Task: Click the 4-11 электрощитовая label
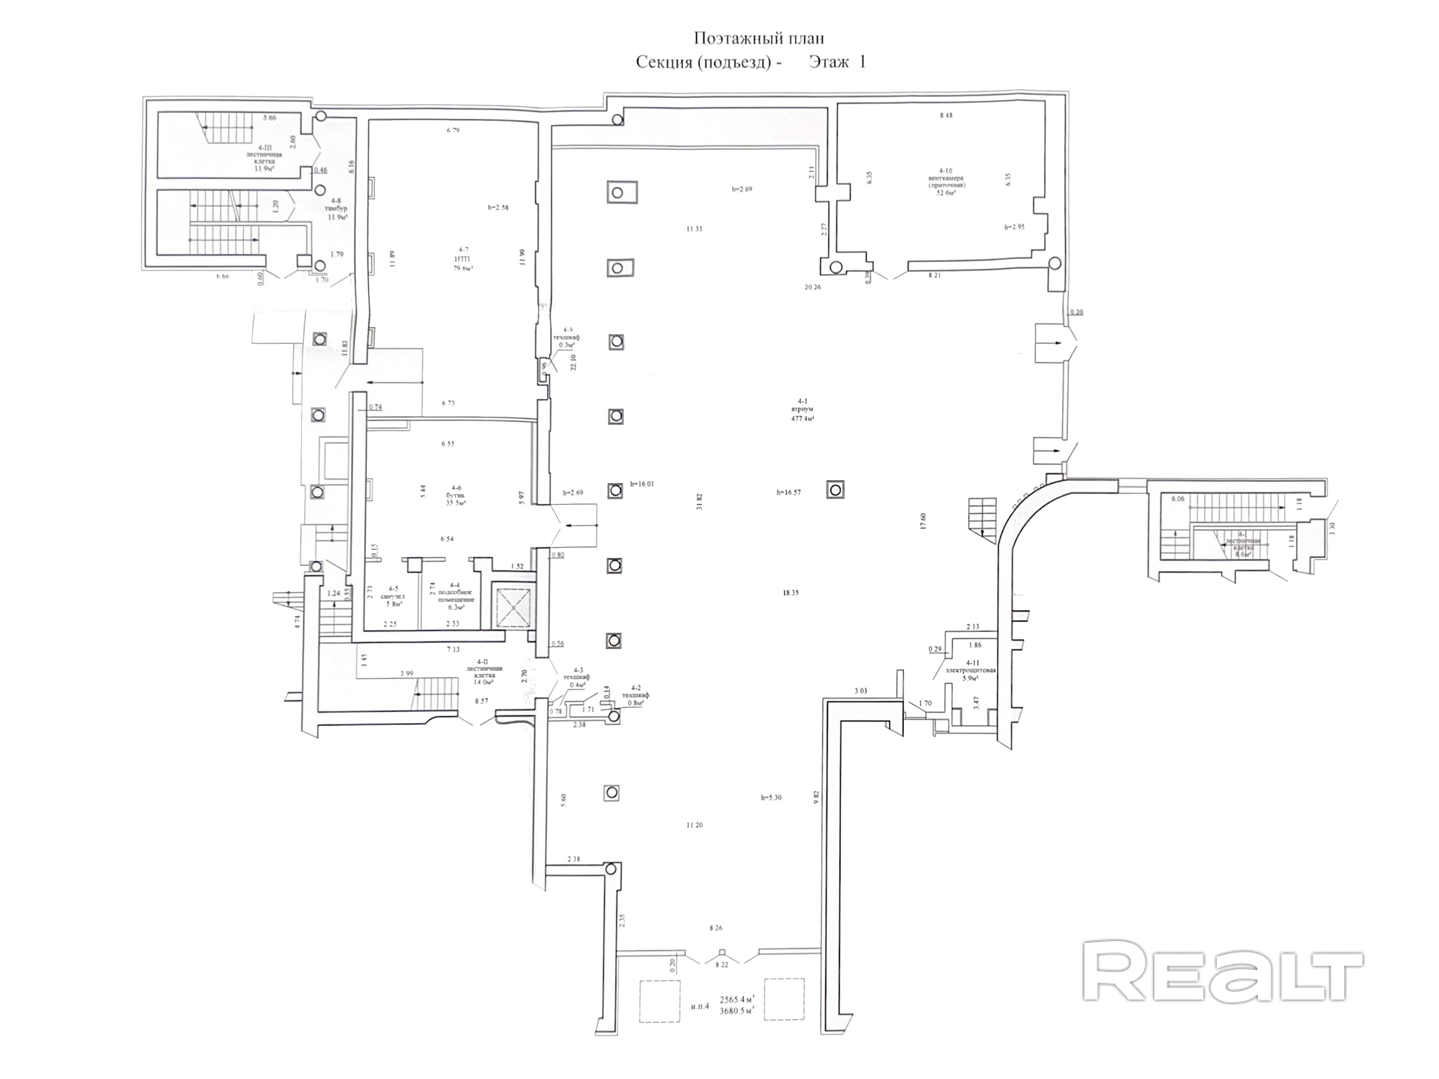(971, 670)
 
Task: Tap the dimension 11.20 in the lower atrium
(694, 825)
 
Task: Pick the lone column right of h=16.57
(835, 490)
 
